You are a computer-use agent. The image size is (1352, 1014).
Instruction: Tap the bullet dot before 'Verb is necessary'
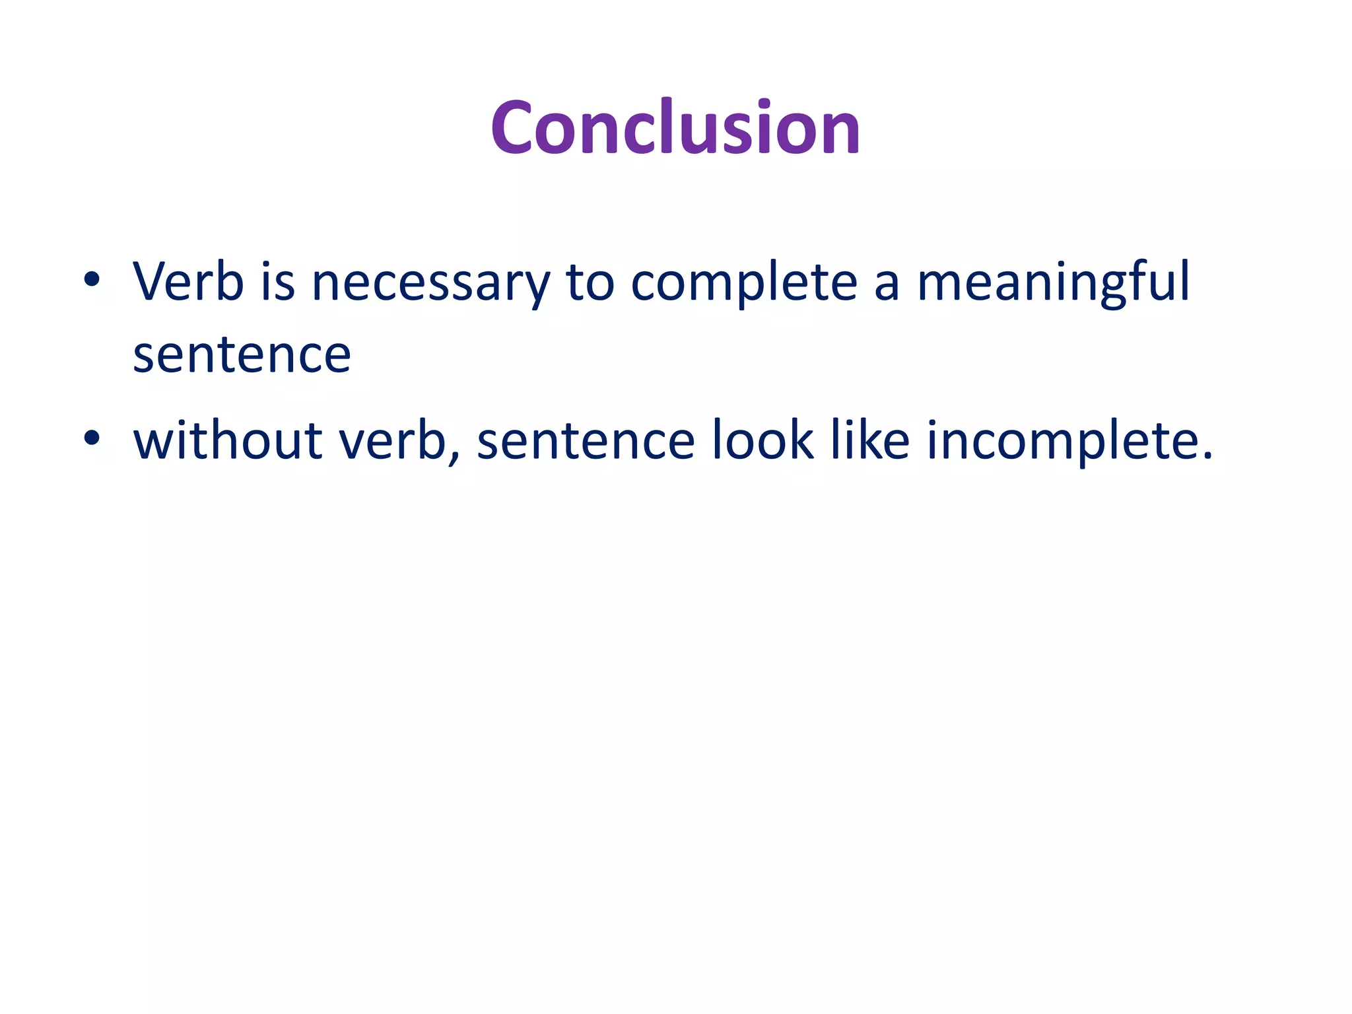(92, 279)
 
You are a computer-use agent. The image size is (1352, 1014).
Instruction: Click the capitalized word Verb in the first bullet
(188, 282)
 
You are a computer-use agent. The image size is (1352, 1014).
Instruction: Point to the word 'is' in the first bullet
(277, 282)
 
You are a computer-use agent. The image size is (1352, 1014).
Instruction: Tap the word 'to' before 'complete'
(590, 283)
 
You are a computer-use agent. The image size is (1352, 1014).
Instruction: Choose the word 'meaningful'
(1054, 284)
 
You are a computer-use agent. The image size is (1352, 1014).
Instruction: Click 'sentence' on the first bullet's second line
(242, 356)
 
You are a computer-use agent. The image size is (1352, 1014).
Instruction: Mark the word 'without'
(227, 440)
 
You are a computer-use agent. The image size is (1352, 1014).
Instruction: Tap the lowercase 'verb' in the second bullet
(393, 440)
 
